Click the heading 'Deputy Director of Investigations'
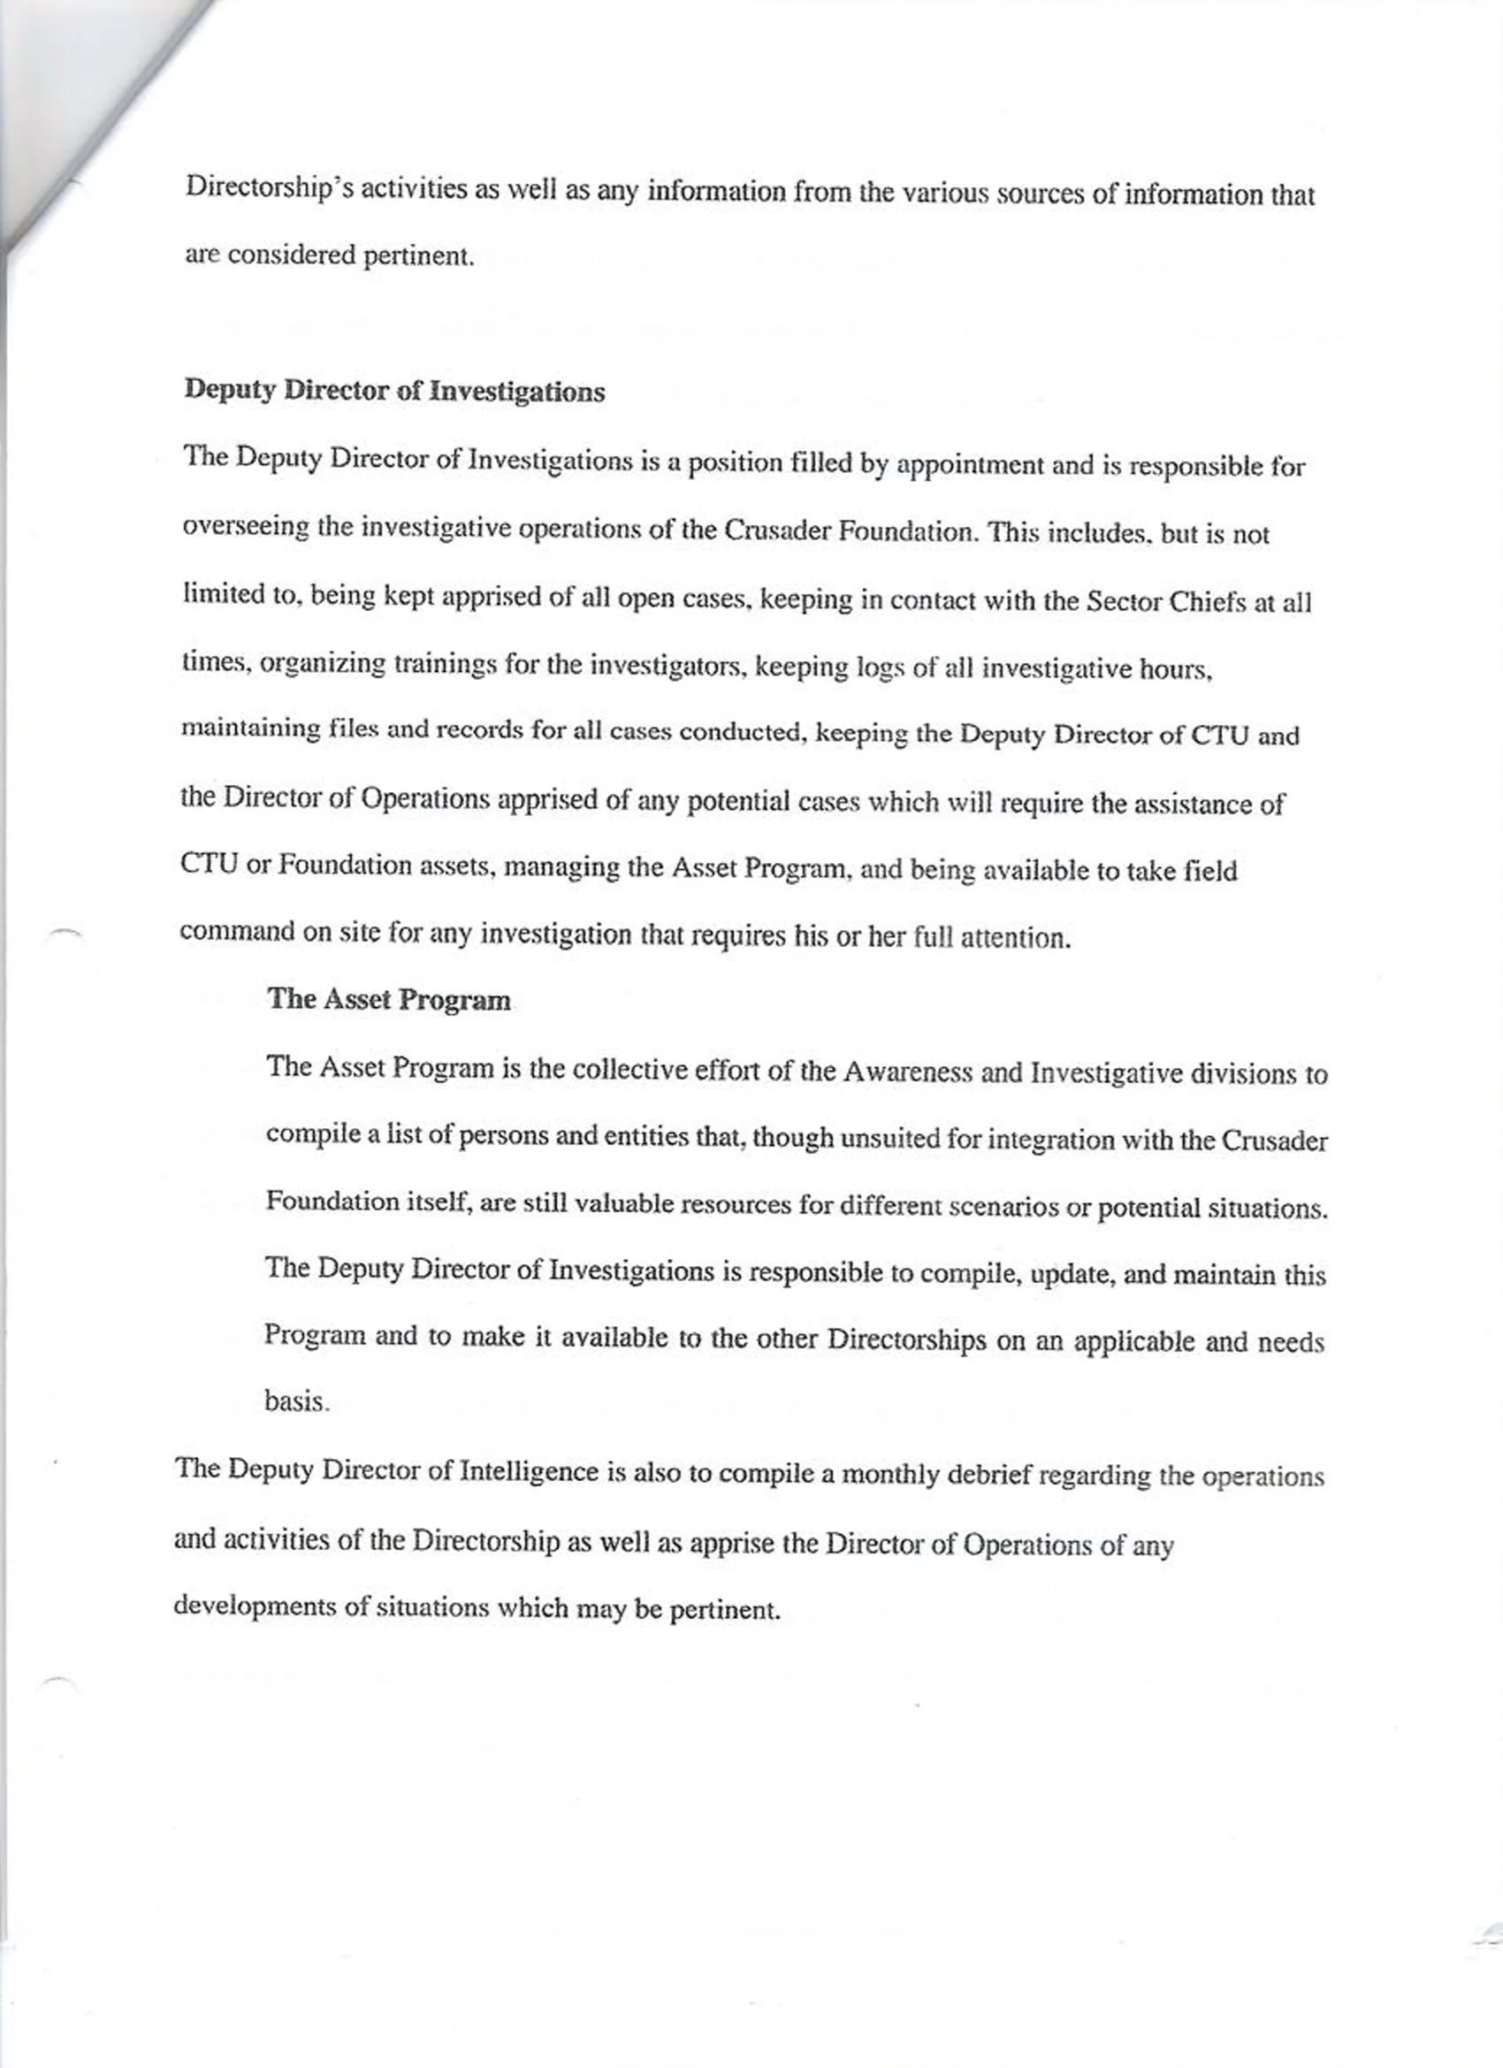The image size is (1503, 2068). click(x=394, y=391)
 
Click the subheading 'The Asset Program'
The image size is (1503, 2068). click(x=388, y=999)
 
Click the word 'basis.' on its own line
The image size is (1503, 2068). click(x=296, y=1401)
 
